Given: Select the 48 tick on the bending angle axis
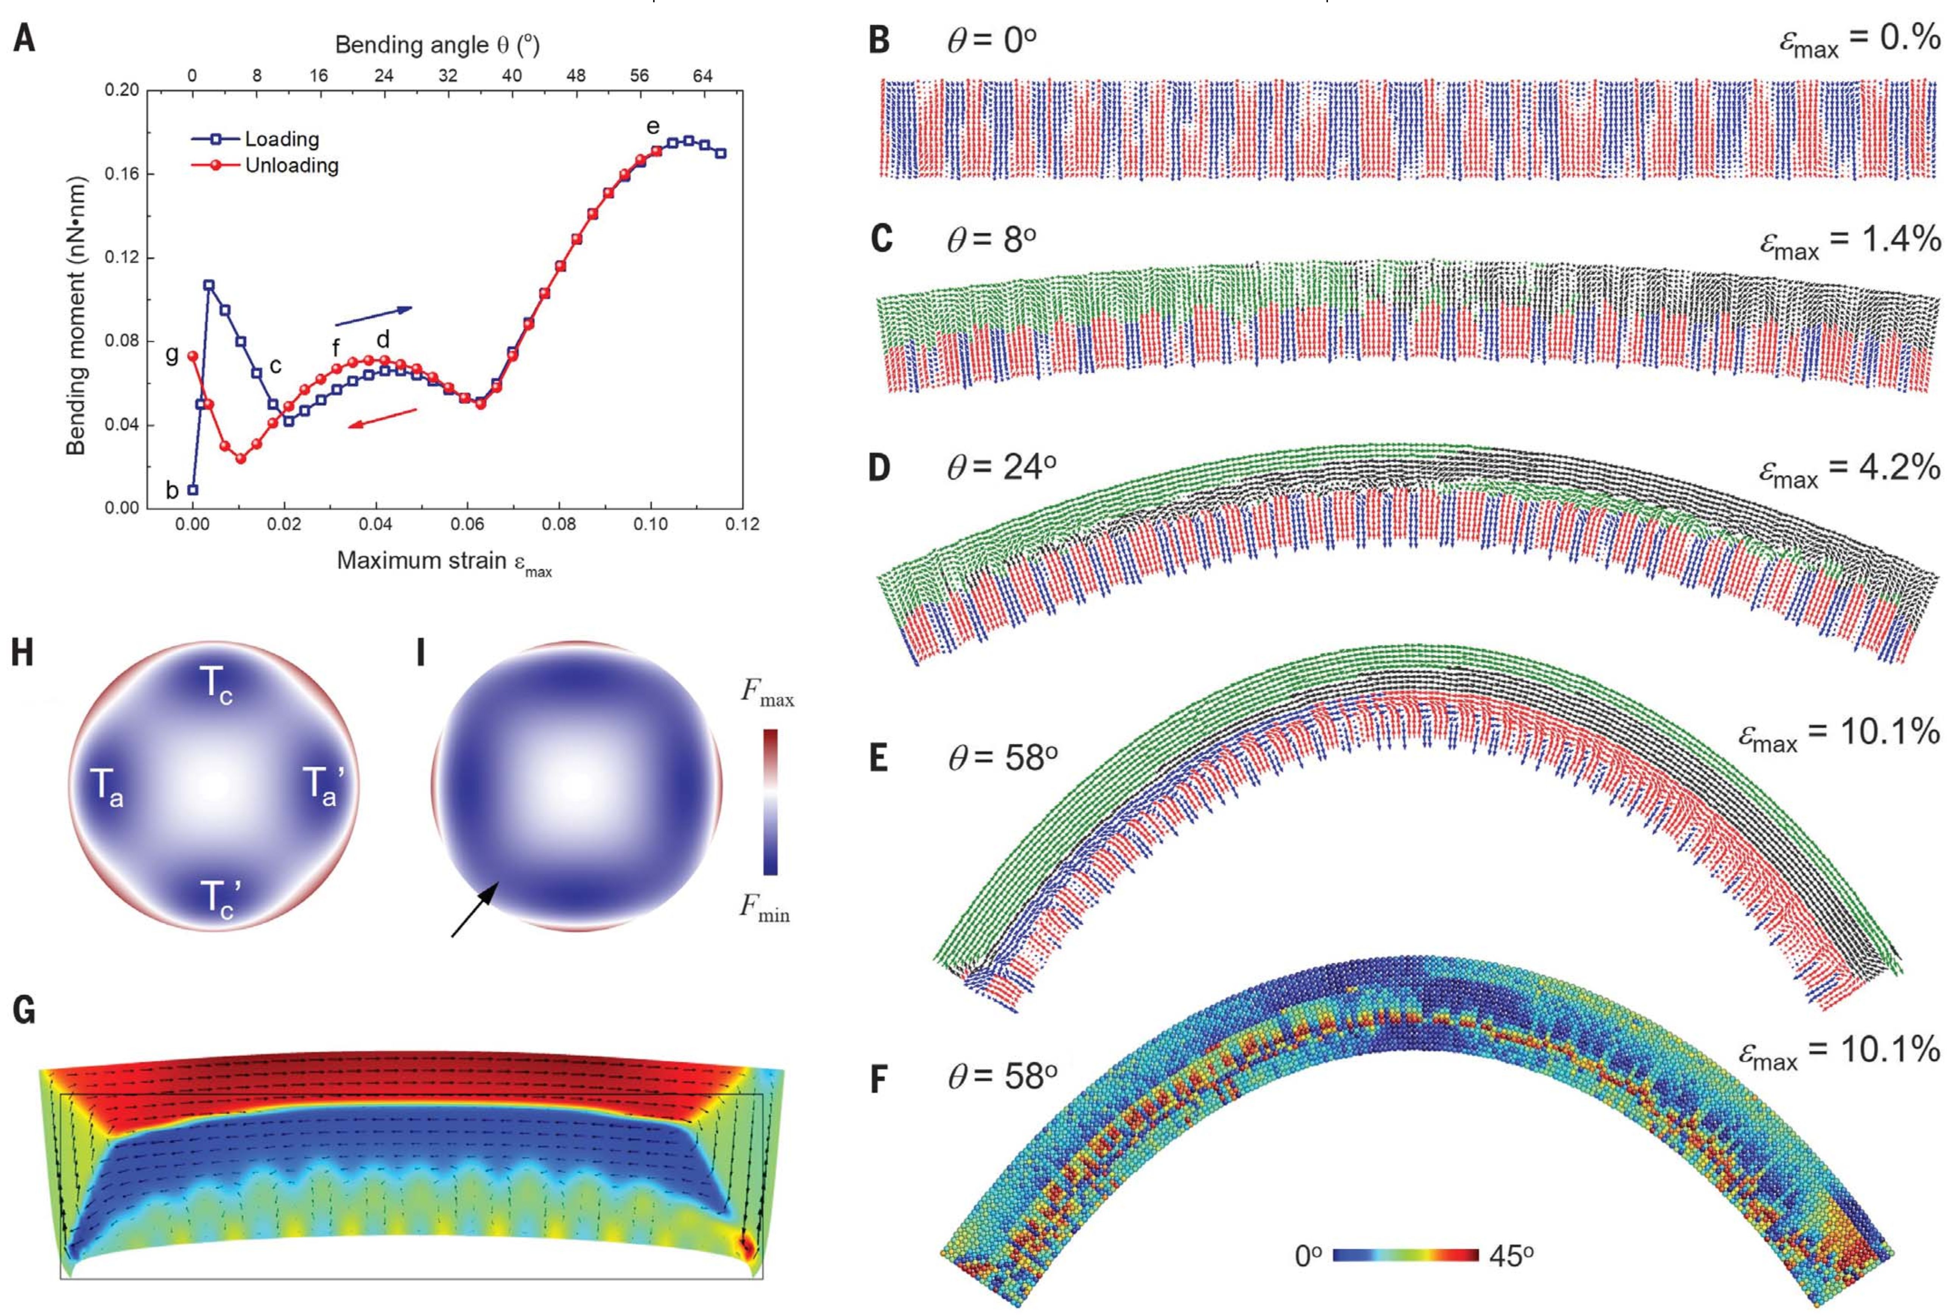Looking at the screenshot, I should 576,75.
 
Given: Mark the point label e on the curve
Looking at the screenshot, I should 653,126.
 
